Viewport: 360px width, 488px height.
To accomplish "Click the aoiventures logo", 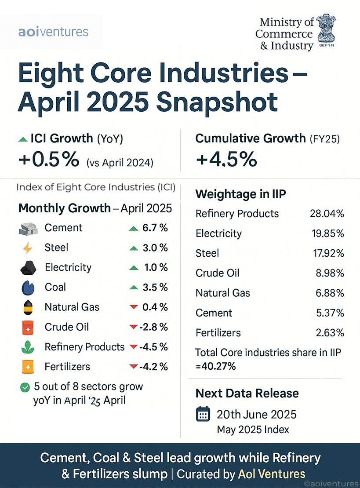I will point(54,32).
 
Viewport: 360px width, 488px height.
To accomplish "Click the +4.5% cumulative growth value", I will point(226,159).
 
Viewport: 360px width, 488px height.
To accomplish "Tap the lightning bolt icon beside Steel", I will point(27,248).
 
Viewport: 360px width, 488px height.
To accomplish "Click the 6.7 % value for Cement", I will point(155,228).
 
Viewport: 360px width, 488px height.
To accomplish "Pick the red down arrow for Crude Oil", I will point(134,327).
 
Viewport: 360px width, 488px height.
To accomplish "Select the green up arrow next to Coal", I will point(134,288).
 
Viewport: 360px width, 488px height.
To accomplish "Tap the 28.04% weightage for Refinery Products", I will point(327,214).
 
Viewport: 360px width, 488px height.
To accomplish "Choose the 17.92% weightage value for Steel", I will point(327,253).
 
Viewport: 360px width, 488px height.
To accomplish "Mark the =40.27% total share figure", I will point(215,365).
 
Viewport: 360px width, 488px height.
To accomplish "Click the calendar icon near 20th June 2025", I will point(203,415).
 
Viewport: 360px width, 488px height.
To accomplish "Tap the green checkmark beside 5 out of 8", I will point(25,387).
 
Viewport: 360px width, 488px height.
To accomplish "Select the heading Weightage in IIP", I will point(238,194).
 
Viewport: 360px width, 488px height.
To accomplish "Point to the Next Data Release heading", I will point(247,393).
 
